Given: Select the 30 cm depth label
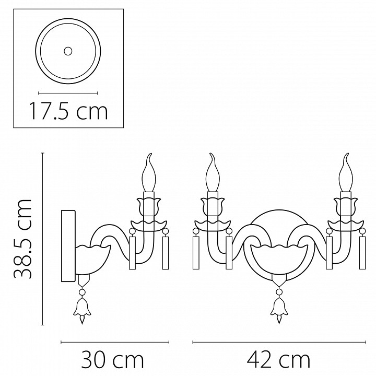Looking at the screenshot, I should [112, 359].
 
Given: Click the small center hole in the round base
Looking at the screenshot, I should [67, 51].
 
